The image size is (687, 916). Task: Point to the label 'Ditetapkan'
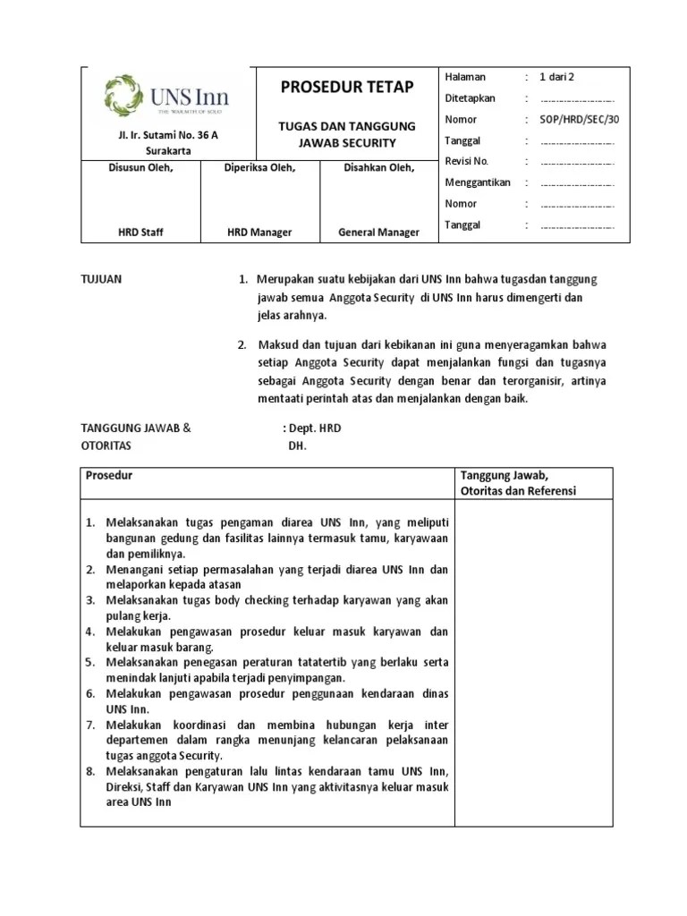[470, 98]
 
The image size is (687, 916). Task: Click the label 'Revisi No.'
[467, 161]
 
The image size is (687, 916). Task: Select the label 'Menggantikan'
[478, 182]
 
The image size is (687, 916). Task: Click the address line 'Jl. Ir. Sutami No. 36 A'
[165, 135]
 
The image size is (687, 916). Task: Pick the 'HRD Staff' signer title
[141, 233]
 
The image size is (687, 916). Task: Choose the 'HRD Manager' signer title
[259, 233]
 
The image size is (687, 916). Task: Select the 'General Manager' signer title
[378, 233]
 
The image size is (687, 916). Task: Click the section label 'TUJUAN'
[102, 279]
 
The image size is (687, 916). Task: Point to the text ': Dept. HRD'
[311, 428]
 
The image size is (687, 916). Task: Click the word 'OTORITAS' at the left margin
[106, 445]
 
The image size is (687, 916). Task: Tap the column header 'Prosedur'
[108, 476]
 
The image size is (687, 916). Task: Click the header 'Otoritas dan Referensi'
[518, 491]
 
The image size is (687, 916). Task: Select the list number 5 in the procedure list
[90, 663]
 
